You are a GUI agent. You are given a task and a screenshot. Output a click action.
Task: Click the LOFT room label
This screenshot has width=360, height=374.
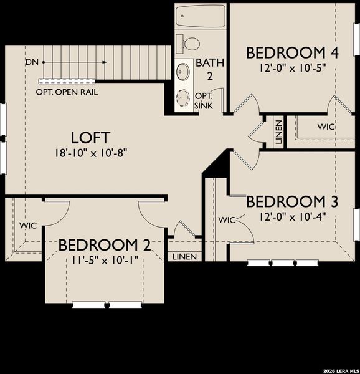[90, 137]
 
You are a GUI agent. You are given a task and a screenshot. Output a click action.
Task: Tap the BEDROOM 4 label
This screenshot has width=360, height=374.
[292, 52]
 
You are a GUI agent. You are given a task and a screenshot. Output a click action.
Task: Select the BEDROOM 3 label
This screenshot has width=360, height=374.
[292, 201]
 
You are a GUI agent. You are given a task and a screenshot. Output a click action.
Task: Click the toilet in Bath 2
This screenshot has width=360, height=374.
[189, 43]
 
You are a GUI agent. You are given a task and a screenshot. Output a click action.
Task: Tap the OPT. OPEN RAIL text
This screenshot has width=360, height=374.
[67, 92]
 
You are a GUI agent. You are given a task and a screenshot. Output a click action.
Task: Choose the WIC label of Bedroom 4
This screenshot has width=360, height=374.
[326, 127]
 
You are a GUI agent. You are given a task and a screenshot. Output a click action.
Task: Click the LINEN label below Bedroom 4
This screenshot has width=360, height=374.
[278, 133]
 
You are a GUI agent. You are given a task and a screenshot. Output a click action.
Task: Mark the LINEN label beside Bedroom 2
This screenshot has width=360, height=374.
[184, 257]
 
